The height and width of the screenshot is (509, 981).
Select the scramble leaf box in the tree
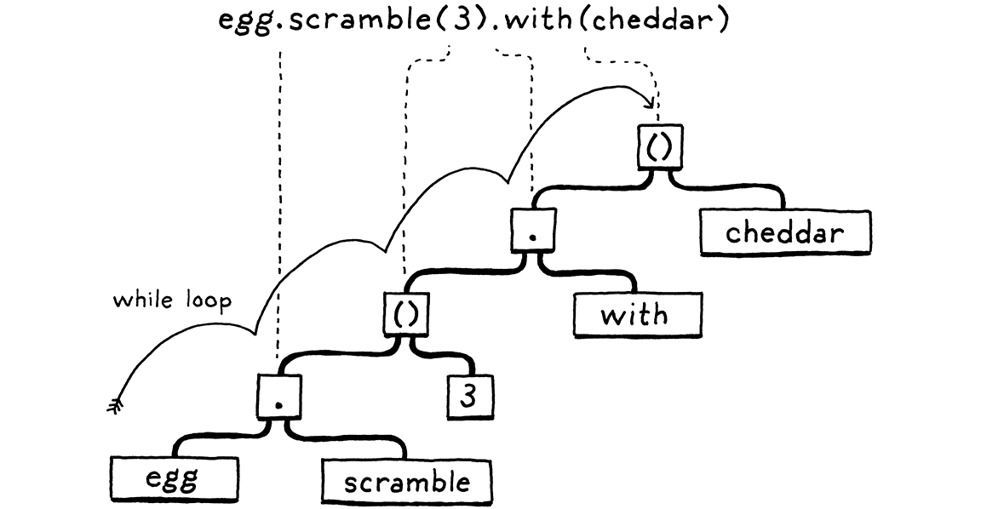click(407, 482)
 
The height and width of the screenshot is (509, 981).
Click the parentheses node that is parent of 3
click(405, 315)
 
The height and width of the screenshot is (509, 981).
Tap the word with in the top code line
click(536, 21)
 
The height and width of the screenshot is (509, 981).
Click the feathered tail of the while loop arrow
click(114, 408)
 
